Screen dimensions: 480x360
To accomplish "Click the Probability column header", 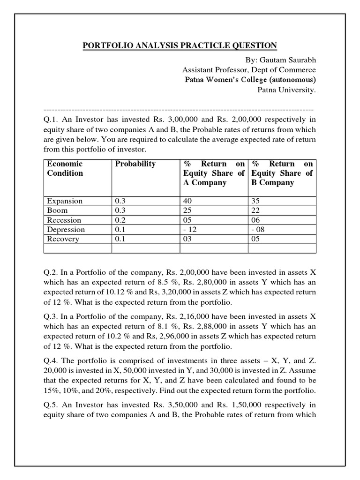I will [135, 164].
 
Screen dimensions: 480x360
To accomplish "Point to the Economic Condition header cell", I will [65, 168].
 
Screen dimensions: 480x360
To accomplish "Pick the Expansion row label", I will [65, 201].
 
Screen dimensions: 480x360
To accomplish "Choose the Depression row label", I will [66, 230].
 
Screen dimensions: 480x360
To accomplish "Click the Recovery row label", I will [63, 239].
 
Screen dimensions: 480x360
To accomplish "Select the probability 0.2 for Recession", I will [120, 220].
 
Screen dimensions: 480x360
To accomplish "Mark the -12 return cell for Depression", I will [190, 230].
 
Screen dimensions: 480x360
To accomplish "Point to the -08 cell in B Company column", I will [258, 230].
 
